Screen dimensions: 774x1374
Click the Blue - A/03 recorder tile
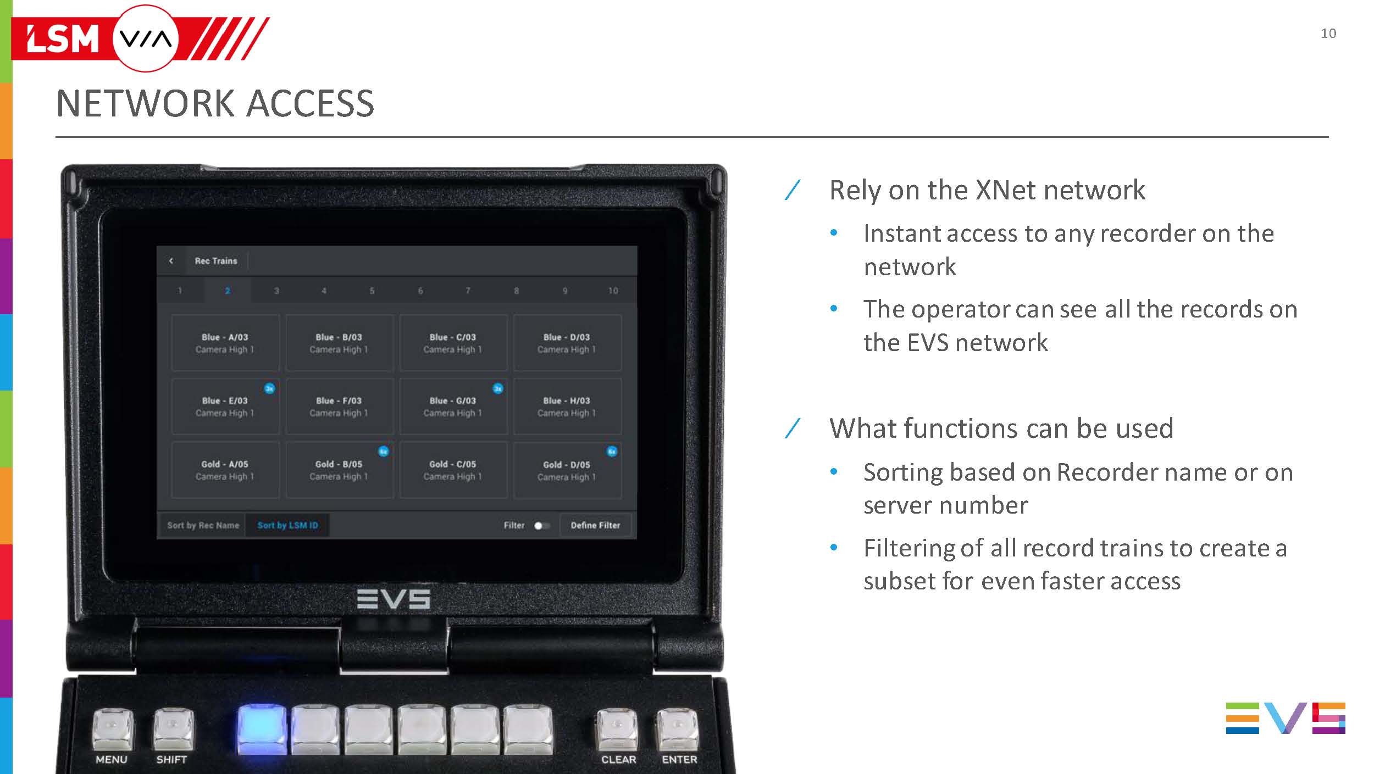[225, 343]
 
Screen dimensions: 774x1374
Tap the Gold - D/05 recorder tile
[567, 471]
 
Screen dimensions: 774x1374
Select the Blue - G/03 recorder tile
[452, 407]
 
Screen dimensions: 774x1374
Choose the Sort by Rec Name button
[203, 525]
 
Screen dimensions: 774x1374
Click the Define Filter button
[595, 525]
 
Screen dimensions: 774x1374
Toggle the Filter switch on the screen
[541, 526]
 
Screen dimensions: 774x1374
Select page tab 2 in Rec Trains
[228, 291]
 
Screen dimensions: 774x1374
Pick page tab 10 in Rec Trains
[613, 291]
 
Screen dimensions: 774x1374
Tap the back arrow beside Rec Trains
[171, 261]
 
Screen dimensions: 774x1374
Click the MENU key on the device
[112, 731]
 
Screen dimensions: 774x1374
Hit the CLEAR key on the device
[617, 731]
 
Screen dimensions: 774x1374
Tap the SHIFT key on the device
[173, 731]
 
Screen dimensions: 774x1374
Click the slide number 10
[1328, 34]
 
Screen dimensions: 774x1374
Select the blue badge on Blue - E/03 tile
[269, 388]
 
